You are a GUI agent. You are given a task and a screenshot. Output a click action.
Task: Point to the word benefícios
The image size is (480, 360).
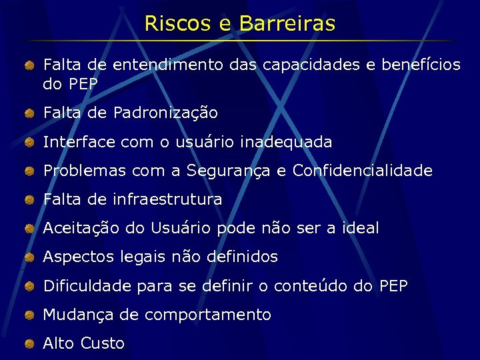click(419, 65)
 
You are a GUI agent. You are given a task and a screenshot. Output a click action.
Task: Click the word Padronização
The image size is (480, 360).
click(165, 113)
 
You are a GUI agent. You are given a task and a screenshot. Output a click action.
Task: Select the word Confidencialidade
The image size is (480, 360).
click(363, 171)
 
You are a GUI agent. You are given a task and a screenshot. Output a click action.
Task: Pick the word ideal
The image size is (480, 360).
click(360, 228)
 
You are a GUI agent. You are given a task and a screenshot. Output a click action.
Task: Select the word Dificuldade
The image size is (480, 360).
click(87, 286)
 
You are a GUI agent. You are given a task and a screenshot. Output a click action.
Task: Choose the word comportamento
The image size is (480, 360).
click(208, 315)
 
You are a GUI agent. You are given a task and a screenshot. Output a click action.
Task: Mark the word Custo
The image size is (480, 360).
click(102, 343)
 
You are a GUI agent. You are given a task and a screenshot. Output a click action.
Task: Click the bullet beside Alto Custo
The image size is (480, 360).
click(30, 344)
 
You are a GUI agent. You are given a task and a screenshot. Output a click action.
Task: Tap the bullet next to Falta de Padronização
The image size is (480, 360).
click(30, 114)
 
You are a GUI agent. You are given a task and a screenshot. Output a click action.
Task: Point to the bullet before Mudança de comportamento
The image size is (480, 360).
click(30, 315)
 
